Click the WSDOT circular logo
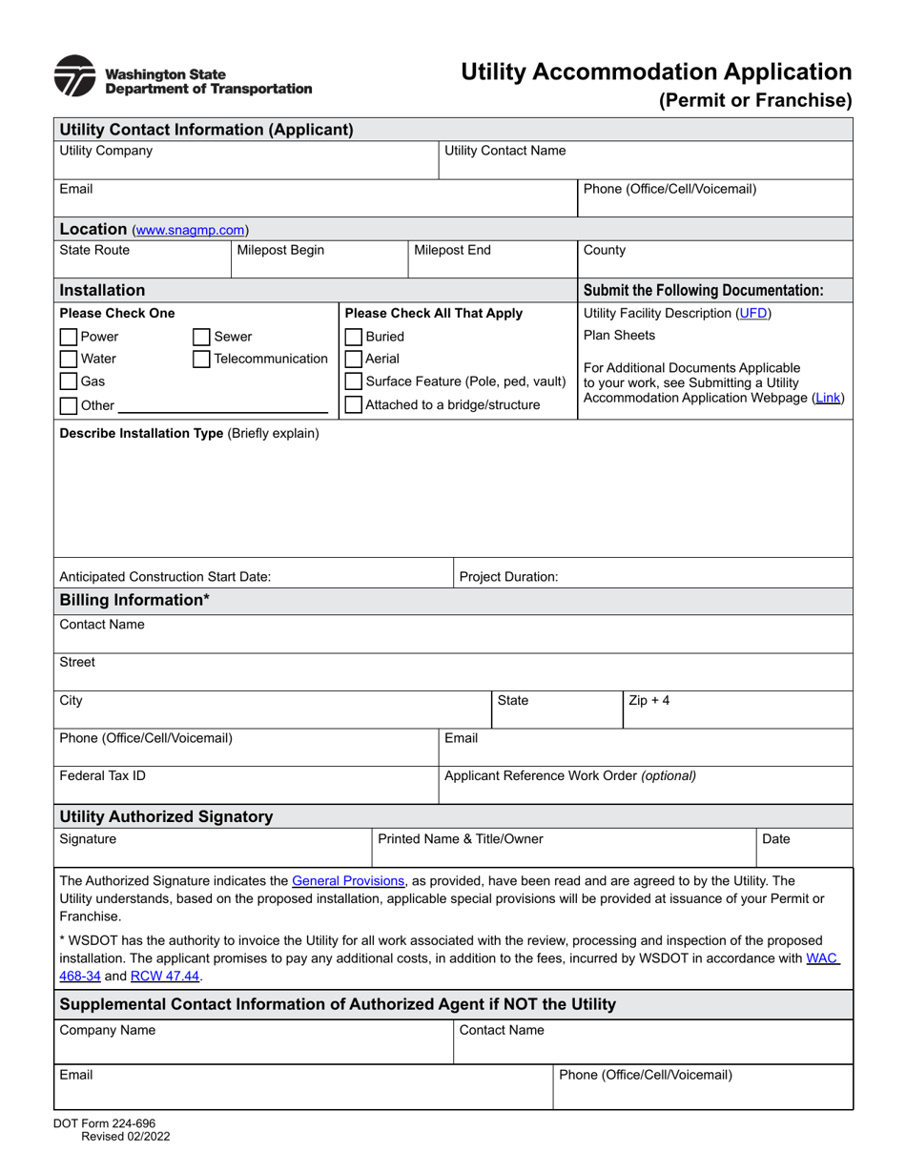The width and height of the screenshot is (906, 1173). (x=74, y=76)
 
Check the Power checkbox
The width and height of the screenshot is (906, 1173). (x=69, y=337)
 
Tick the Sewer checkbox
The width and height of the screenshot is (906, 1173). (x=201, y=337)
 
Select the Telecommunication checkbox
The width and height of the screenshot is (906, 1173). (x=201, y=360)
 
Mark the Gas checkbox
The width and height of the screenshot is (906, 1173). (x=69, y=382)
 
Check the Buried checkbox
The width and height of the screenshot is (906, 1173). (x=354, y=337)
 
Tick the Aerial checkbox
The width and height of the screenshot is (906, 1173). (x=354, y=360)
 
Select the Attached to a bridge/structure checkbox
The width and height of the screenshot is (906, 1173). (x=354, y=405)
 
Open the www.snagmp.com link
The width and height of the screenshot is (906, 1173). (x=190, y=230)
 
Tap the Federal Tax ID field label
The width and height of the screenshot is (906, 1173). (x=103, y=775)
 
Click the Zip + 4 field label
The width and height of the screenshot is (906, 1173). (x=649, y=701)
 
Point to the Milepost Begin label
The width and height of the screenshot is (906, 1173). (x=280, y=251)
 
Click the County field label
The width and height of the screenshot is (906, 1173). (x=605, y=251)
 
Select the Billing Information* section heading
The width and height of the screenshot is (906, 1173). (x=134, y=600)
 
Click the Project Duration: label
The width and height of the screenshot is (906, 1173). (x=508, y=577)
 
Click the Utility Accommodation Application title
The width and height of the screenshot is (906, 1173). (x=656, y=72)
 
